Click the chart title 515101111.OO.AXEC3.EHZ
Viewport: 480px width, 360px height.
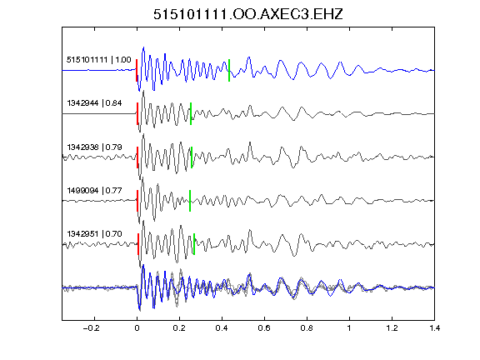click(248, 14)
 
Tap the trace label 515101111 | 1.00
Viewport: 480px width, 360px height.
click(99, 59)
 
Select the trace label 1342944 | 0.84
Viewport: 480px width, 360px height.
click(94, 102)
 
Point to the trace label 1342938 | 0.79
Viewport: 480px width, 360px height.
click(94, 147)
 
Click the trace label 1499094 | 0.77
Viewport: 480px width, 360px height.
click(94, 190)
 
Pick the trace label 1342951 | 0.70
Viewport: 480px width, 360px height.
click(94, 234)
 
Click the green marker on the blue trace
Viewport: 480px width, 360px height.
click(229, 70)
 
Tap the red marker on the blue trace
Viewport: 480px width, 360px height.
click(137, 70)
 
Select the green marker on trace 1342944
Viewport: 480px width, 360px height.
click(191, 113)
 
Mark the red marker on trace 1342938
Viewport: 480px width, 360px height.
click(137, 157)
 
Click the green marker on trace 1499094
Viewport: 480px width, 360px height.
click(190, 201)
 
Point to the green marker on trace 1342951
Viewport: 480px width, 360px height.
click(194, 244)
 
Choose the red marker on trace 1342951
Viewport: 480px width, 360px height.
click(138, 244)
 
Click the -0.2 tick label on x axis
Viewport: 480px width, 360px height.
click(91, 328)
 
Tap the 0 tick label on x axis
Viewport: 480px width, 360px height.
click(137, 328)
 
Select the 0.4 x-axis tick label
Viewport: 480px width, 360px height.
click(222, 328)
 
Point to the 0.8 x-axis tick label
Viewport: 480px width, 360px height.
click(307, 328)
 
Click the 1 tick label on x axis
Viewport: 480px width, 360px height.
click(349, 328)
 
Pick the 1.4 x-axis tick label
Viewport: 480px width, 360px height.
click(434, 328)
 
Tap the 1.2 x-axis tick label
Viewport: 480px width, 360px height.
click(392, 328)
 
